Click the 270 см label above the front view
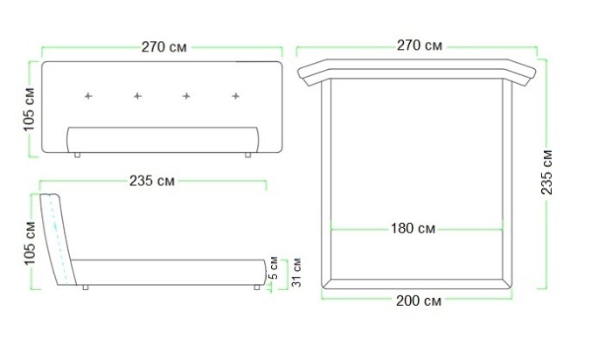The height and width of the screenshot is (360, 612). click(164, 47)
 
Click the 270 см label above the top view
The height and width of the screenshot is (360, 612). click(420, 45)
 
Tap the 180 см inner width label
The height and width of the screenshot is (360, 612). click(413, 228)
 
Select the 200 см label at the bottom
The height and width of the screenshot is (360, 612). click(419, 301)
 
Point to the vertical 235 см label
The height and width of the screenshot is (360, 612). click(546, 172)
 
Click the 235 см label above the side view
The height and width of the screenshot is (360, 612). click(152, 181)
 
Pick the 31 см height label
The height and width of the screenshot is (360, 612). click(297, 272)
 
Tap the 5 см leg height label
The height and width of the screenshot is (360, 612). click(274, 268)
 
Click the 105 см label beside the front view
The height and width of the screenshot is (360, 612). click(29, 109)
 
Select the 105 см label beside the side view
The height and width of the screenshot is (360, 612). click(30, 243)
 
